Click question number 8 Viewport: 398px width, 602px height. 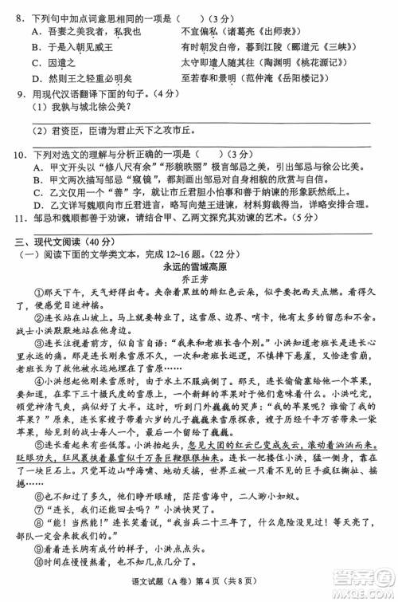(x=20, y=17)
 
